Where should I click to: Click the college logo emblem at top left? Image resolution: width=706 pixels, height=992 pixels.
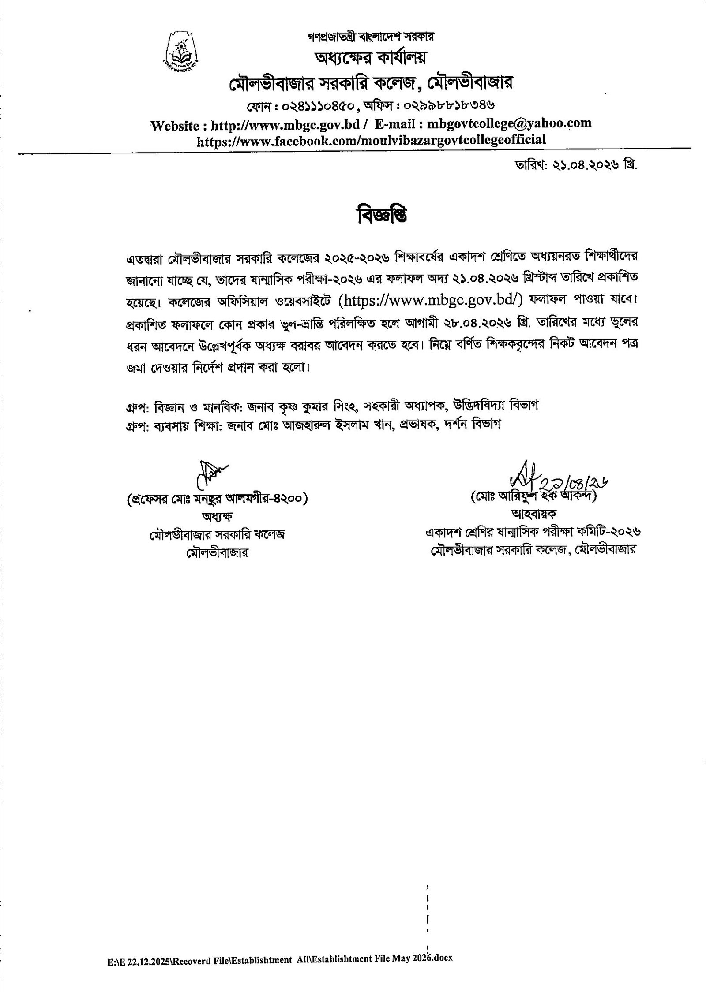click(x=180, y=52)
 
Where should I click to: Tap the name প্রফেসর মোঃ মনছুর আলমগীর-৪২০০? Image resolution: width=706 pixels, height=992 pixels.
click(x=217, y=499)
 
